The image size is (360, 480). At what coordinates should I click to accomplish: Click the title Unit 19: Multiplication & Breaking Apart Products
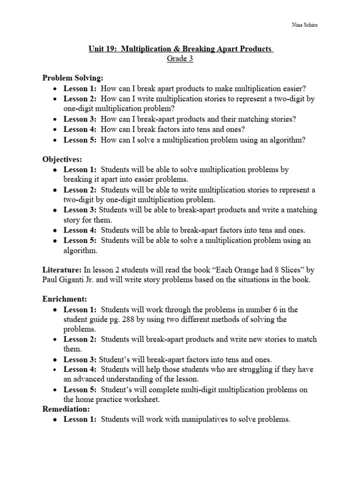point(180,49)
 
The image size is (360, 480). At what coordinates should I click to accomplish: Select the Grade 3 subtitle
point(180,59)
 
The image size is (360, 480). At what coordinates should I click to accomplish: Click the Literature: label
point(61,270)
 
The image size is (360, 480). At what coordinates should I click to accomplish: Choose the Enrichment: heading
point(64,299)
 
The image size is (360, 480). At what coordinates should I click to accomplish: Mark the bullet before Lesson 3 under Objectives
point(55,210)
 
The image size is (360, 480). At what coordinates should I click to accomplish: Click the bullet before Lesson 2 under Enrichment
point(55,339)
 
